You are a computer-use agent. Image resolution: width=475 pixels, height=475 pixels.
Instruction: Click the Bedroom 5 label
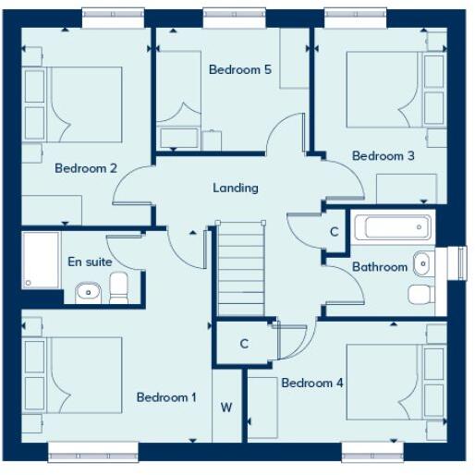coord(239,69)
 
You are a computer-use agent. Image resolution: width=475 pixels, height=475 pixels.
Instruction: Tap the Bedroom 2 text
coord(85,168)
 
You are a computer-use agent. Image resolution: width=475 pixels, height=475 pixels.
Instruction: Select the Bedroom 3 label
coord(383,156)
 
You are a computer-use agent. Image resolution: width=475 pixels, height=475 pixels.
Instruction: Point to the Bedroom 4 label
coord(312,383)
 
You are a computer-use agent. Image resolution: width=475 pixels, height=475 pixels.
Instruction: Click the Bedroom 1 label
coord(166,397)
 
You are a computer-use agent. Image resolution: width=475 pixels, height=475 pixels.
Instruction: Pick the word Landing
coord(236,188)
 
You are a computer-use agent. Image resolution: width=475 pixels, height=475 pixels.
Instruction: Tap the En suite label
coord(90,262)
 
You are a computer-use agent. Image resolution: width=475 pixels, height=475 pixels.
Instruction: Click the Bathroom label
coord(379,267)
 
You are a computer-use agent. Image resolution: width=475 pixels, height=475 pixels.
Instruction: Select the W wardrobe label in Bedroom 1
coord(225,407)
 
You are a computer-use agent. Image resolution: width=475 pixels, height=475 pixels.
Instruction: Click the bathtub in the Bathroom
coord(393,227)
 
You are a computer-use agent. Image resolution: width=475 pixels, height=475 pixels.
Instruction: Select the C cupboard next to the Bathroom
coord(334,232)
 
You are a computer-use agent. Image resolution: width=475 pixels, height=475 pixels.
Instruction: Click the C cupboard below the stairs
coord(244,344)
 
